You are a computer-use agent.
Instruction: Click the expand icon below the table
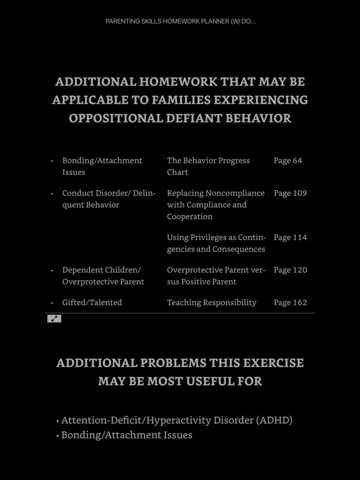pyautogui.click(x=54, y=318)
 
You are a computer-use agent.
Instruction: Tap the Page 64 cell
pyautogui.click(x=288, y=160)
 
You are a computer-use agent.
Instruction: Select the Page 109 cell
pyautogui.click(x=290, y=193)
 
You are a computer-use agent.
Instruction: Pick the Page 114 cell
pyautogui.click(x=290, y=237)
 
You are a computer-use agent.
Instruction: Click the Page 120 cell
pyautogui.click(x=290, y=270)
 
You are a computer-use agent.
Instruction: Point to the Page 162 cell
pyautogui.click(x=290, y=302)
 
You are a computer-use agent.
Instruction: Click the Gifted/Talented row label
pyautogui.click(x=92, y=302)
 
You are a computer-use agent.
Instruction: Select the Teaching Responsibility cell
pyautogui.click(x=212, y=302)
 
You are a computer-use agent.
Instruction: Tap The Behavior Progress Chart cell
pyautogui.click(x=208, y=166)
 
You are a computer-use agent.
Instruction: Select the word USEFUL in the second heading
pyautogui.click(x=211, y=381)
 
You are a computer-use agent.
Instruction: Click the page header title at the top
pyautogui.click(x=180, y=21)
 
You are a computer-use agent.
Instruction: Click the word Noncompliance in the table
pyautogui.click(x=235, y=193)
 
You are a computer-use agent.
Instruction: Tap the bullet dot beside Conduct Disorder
pyautogui.click(x=52, y=193)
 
